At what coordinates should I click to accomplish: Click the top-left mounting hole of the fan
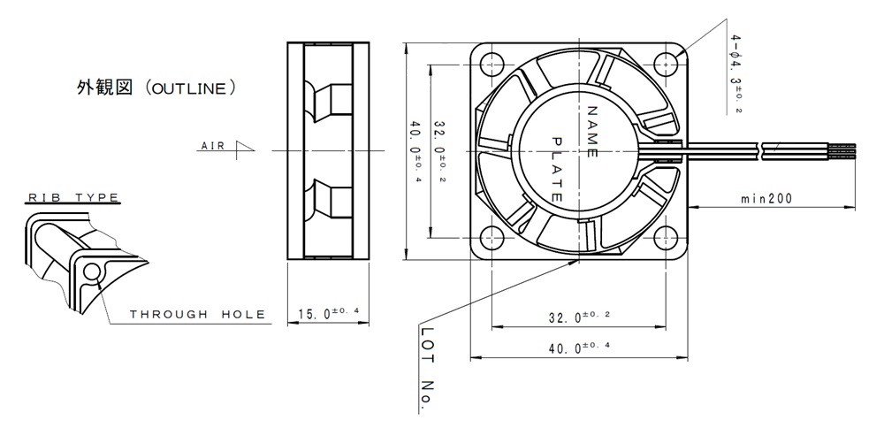click(x=492, y=63)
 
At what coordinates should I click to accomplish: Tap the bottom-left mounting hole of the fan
click(x=492, y=237)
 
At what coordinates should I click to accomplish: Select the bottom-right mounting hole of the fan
click(x=666, y=237)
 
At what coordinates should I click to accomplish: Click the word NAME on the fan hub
click(x=592, y=131)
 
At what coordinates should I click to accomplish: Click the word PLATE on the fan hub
click(x=556, y=169)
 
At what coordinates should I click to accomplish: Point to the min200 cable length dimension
click(x=766, y=198)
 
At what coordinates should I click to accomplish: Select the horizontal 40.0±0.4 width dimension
click(x=579, y=348)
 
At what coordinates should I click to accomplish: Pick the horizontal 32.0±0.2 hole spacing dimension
click(x=579, y=317)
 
